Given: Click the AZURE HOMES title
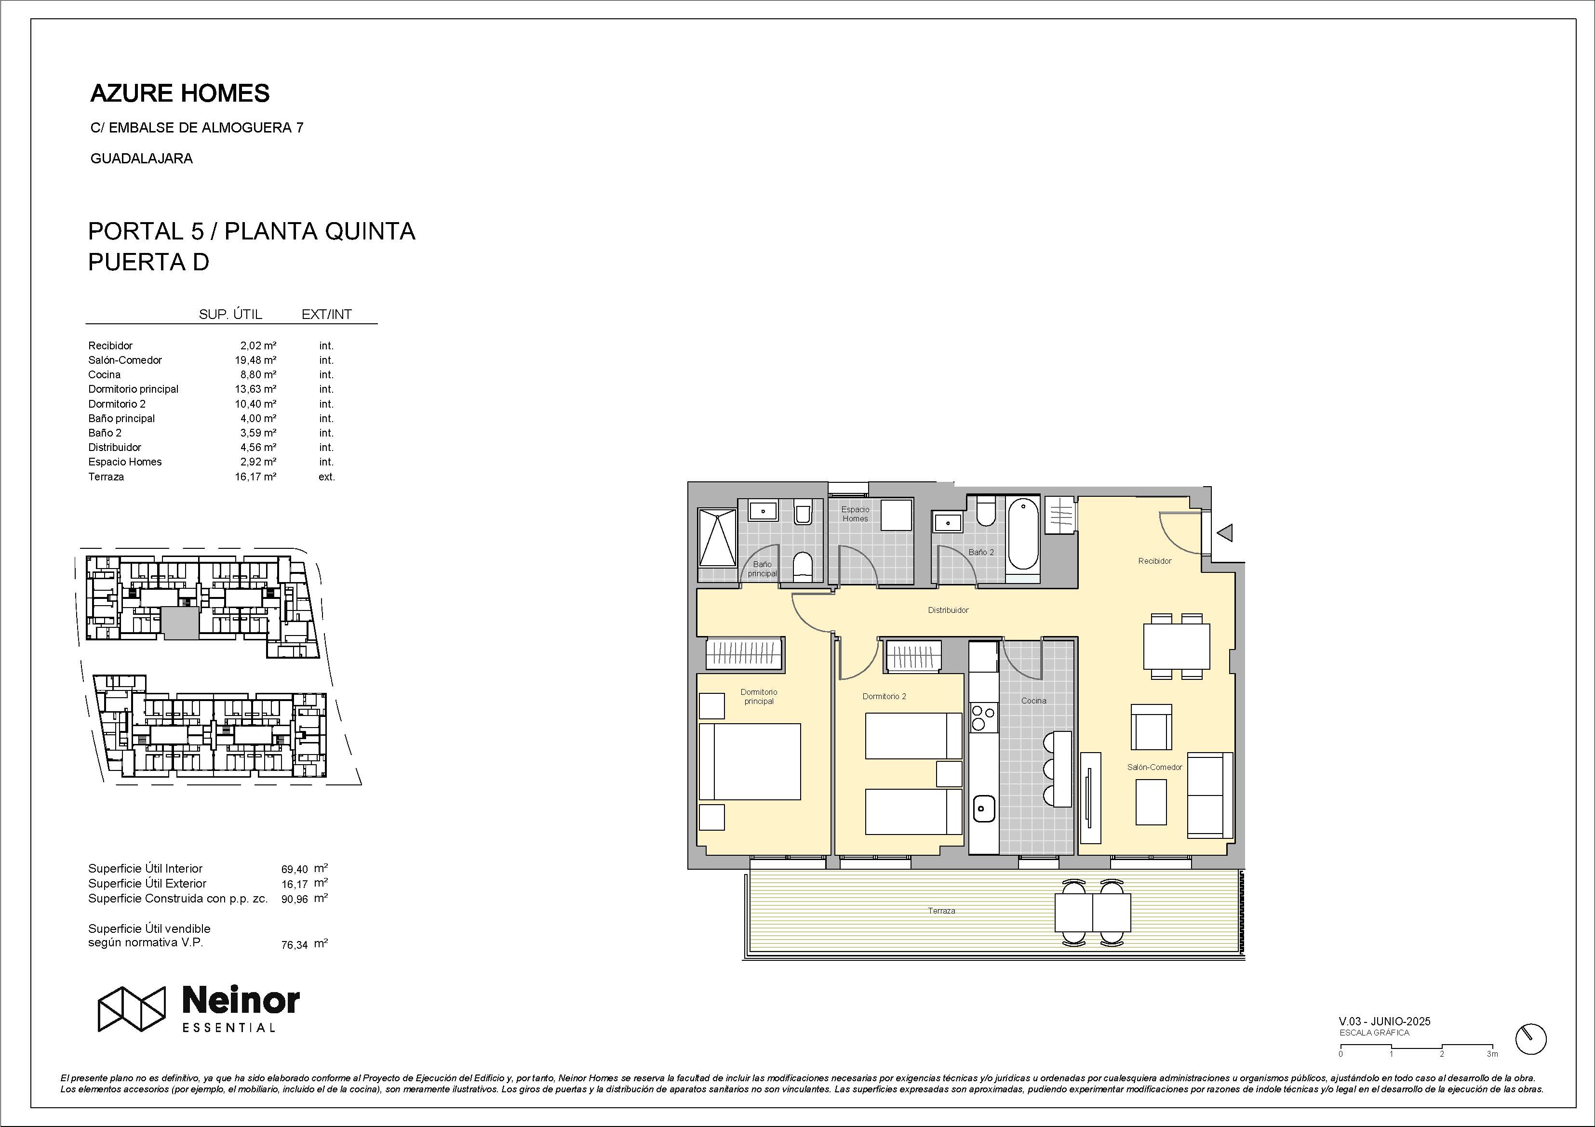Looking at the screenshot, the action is tap(180, 93).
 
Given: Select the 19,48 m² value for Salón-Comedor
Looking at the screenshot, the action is tap(255, 360).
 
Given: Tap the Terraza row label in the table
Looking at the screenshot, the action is tap(107, 477).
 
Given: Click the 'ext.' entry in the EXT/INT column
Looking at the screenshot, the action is tap(326, 477).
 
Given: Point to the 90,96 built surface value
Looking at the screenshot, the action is tap(295, 899).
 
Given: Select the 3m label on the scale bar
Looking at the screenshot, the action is tap(1492, 1054).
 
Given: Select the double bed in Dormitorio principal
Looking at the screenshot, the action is tap(750, 761).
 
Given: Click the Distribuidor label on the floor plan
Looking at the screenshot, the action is tap(948, 610).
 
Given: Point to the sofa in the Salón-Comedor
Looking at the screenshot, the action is tap(1209, 795).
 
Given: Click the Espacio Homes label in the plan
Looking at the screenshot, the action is tap(855, 514).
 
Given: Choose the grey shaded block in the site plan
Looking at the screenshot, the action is tap(181, 623).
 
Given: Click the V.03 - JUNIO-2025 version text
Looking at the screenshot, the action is tap(1384, 1021).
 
